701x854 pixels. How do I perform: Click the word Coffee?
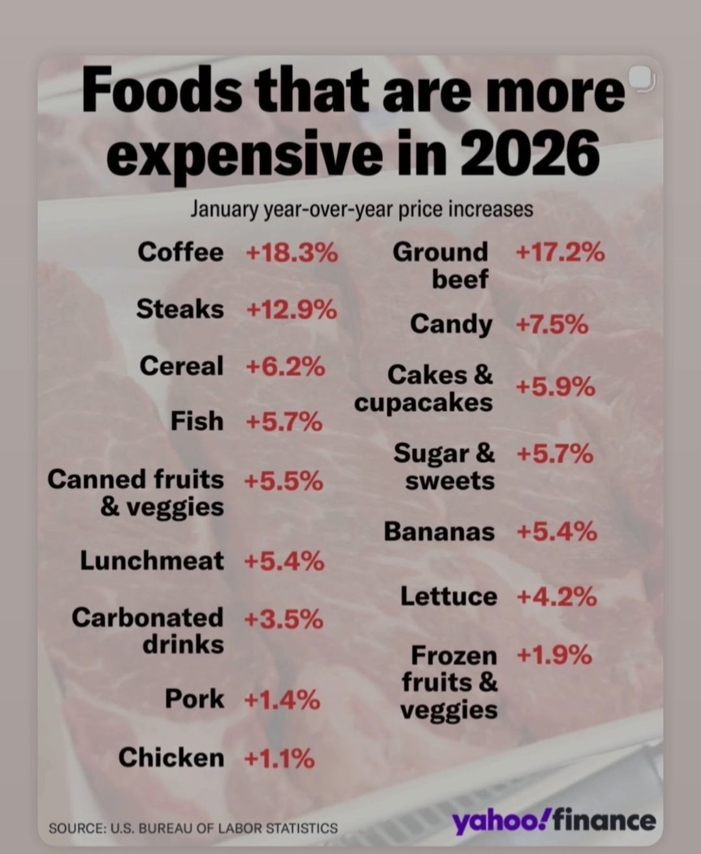[180, 252]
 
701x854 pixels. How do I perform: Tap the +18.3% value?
[292, 252]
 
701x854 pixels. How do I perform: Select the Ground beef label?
[441, 265]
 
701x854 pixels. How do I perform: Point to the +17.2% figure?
[560, 252]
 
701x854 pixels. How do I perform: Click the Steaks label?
[180, 309]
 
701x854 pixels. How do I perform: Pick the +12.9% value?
[291, 310]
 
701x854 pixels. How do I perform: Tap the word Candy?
[451, 323]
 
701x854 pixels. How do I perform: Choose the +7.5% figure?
[552, 323]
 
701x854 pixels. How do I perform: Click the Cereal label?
[181, 366]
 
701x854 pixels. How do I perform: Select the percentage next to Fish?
[284, 422]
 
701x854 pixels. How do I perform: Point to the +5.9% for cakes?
[555, 387]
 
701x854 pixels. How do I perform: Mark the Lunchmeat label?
[152, 560]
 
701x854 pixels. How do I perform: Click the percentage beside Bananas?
[556, 532]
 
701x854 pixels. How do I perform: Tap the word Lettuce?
[449, 596]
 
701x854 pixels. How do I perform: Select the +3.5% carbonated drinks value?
[284, 619]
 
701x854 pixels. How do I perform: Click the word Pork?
[194, 699]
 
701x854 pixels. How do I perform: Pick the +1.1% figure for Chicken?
[279, 758]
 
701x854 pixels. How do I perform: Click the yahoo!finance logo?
[554, 821]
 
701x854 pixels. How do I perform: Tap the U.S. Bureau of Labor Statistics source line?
[193, 828]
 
